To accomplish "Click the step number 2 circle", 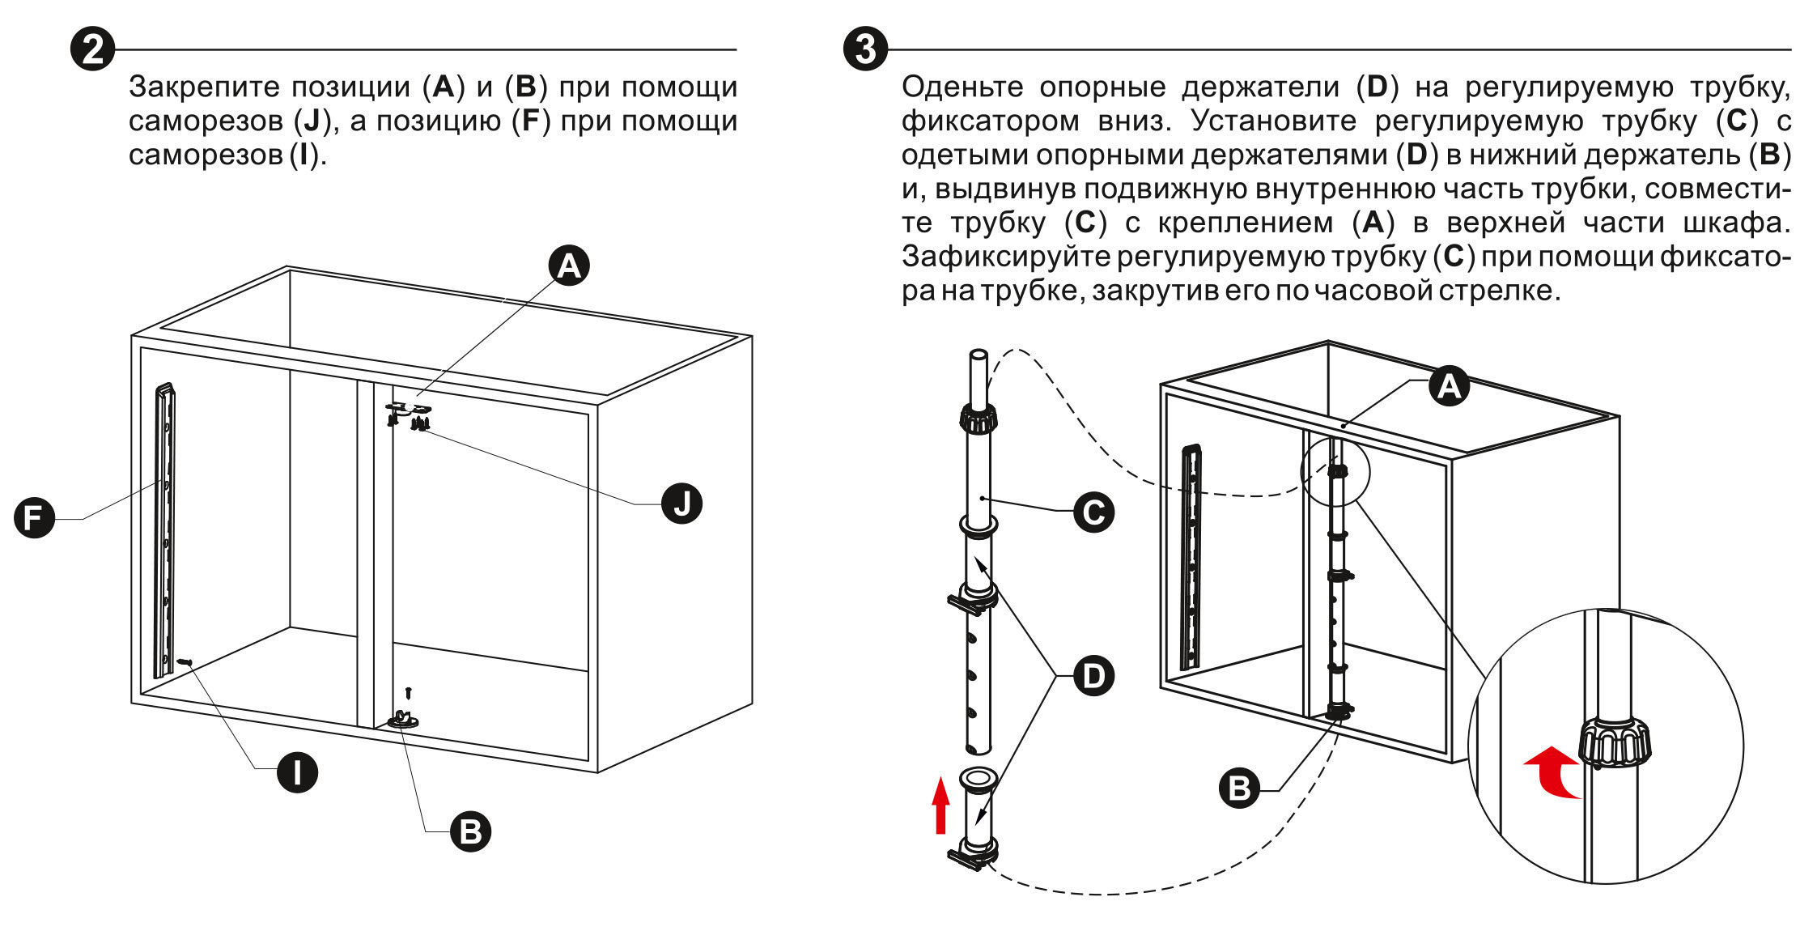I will click(x=92, y=49).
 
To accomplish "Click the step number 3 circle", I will click(x=865, y=49).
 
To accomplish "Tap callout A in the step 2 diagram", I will click(x=569, y=266).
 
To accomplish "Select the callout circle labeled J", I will click(x=681, y=504).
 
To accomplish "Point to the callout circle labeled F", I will click(x=34, y=517).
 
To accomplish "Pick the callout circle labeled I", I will click(x=297, y=772).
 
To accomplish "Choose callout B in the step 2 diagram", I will click(x=470, y=831).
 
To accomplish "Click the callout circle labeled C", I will click(x=1093, y=512).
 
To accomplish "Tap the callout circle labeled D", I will click(x=1093, y=676).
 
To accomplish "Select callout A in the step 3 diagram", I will click(x=1449, y=386).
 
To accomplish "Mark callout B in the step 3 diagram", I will click(x=1239, y=787).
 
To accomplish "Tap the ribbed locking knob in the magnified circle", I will click(x=1613, y=743).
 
